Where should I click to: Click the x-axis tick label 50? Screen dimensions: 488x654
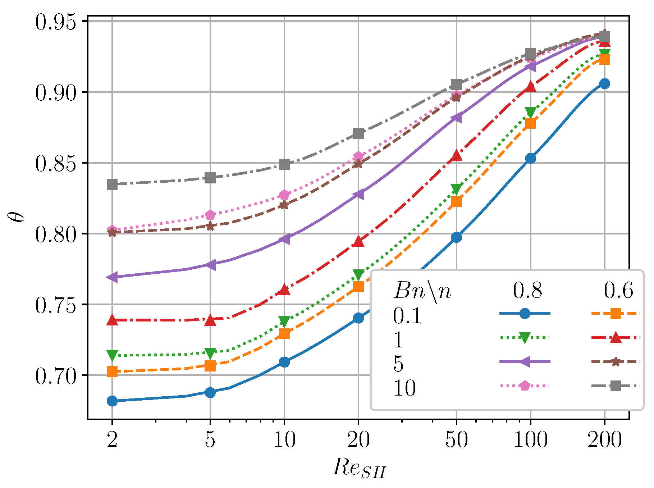[456, 439]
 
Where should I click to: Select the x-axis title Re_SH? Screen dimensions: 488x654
[359, 469]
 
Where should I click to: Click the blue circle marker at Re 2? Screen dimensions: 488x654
[112, 401]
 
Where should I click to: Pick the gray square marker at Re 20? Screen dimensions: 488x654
[358, 133]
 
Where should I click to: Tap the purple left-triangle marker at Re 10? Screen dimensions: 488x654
[284, 239]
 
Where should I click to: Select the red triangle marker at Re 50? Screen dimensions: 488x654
[457, 155]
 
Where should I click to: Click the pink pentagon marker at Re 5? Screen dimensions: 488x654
[210, 215]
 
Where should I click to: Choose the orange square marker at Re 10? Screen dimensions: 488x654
[284, 334]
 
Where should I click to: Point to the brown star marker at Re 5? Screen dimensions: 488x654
[210, 226]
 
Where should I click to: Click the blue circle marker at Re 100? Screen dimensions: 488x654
[531, 158]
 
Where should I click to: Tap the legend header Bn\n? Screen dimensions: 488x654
[422, 291]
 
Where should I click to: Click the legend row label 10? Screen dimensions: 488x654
[405, 388]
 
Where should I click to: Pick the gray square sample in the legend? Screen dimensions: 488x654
[616, 386]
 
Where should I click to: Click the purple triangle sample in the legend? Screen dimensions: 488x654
[525, 362]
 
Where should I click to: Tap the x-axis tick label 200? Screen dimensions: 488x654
[605, 439]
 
